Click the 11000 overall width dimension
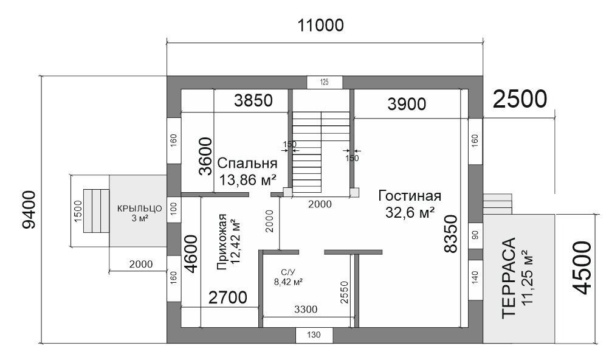tap(320, 26)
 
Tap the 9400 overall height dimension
tap(29, 210)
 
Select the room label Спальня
tap(247, 163)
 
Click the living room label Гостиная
tap(410, 196)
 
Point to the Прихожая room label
tap(222, 241)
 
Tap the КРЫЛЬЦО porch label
tap(139, 209)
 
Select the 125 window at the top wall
tap(325, 82)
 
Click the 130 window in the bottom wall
tap(314, 334)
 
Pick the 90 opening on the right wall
tap(475, 235)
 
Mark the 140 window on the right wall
tap(475, 277)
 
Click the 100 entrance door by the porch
tap(174, 209)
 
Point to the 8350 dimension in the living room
tap(452, 234)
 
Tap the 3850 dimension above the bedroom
tap(253, 100)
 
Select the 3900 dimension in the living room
tap(407, 104)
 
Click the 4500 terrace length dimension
tap(582, 268)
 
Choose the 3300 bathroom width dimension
tap(306, 310)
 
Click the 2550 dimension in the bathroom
tap(344, 292)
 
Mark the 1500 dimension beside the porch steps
tap(78, 212)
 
